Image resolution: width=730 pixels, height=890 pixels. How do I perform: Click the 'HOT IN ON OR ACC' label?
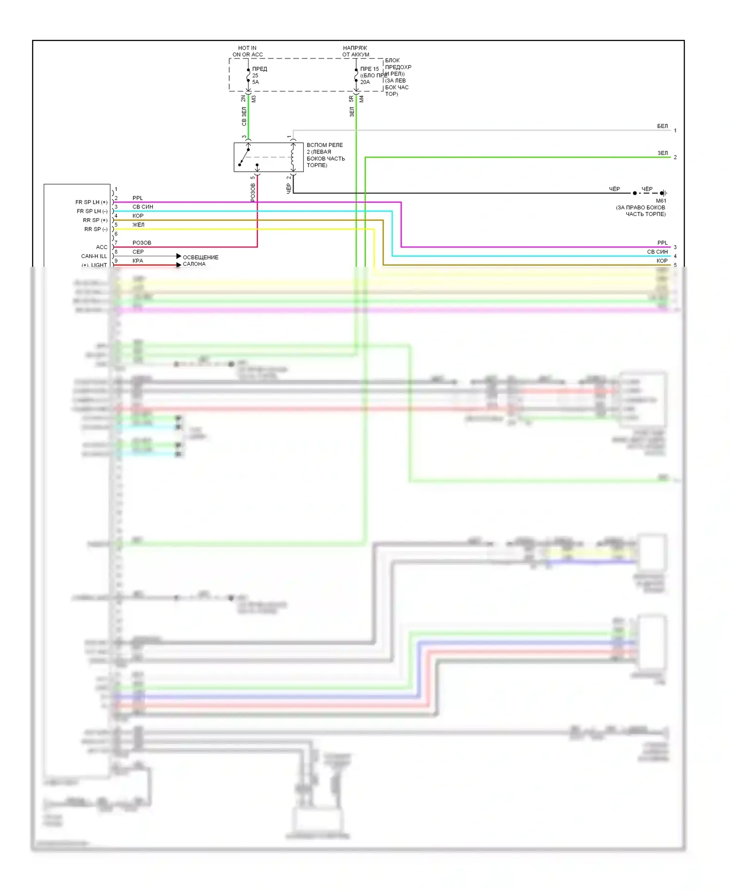coord(247,51)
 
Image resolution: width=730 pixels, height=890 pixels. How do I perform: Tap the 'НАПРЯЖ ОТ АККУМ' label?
coord(355,51)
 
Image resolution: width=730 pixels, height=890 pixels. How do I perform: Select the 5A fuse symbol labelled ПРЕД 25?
coord(248,76)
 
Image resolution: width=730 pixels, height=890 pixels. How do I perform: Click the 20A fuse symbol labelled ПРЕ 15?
coord(356,76)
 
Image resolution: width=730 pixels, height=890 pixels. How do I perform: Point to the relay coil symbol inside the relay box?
coord(292,157)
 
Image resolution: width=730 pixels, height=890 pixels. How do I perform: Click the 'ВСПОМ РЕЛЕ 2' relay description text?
coord(325,155)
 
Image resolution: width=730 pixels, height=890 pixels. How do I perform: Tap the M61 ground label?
coord(661,201)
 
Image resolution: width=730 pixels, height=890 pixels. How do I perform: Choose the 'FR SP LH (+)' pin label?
coord(91,202)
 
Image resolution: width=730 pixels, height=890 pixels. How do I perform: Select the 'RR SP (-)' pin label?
coord(95,229)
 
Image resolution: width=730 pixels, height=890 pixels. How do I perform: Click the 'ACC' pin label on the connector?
coord(101,247)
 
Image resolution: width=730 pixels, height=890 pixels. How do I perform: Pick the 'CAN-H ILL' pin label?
coord(93,256)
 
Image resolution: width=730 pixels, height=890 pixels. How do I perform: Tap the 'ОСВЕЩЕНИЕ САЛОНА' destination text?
coord(200,260)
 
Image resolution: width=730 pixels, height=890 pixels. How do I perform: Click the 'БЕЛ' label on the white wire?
coord(662,126)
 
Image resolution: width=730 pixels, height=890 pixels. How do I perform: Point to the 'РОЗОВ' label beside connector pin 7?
coord(142,242)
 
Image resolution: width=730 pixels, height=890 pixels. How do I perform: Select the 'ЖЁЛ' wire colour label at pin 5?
coord(138,224)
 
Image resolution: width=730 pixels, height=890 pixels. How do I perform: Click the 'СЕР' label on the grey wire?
coord(138,252)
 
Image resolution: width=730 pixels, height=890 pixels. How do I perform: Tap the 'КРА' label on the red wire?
coord(138,260)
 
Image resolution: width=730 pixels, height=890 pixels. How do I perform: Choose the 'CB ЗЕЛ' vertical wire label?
coord(244,116)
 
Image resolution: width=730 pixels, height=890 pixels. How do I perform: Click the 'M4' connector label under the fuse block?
coord(362,99)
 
